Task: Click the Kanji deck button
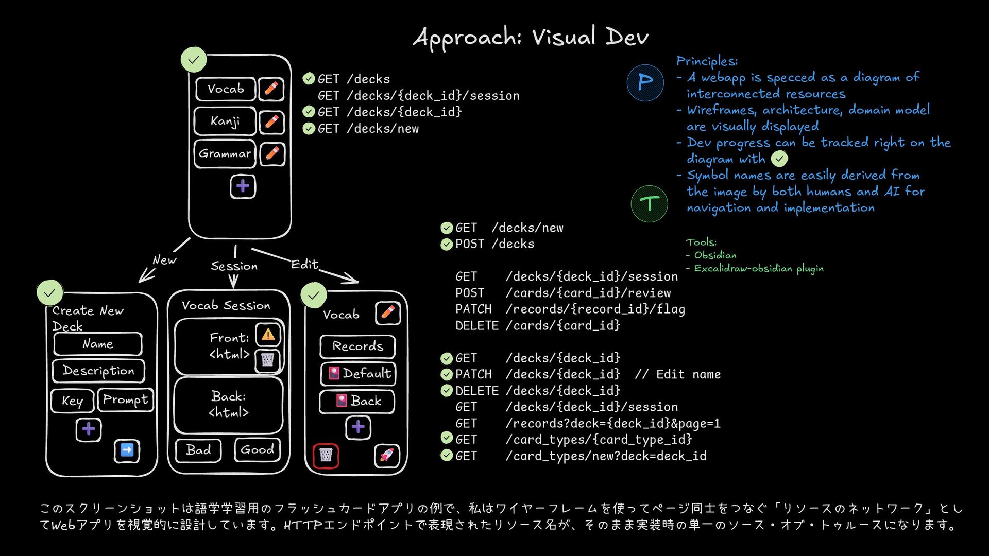(x=225, y=121)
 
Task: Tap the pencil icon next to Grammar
(x=272, y=153)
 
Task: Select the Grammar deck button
(x=225, y=153)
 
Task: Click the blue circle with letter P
(x=645, y=82)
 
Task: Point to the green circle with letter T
(x=649, y=204)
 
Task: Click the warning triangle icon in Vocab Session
(x=268, y=335)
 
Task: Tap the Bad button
(x=199, y=450)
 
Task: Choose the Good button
(x=258, y=449)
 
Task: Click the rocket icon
(x=387, y=455)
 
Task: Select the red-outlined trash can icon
(x=326, y=455)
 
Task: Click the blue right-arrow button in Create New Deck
(x=127, y=450)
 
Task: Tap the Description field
(x=98, y=371)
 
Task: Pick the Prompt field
(x=125, y=400)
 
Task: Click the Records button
(x=357, y=346)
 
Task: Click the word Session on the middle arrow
(x=234, y=266)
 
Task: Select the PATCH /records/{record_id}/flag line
(x=570, y=309)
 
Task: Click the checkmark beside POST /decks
(x=447, y=244)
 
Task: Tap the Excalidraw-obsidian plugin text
(x=758, y=269)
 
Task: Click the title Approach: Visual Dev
(x=531, y=37)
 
